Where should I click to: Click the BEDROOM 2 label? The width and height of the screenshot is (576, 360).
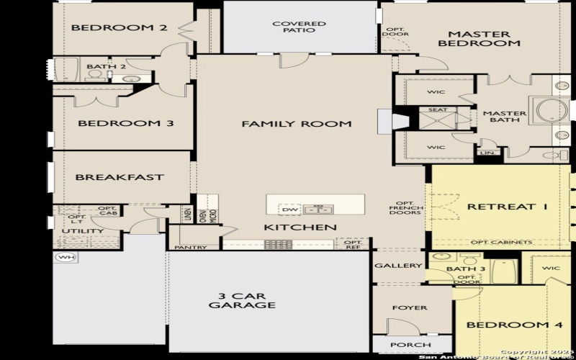click(120, 28)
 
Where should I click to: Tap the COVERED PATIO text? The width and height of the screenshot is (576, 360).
click(299, 28)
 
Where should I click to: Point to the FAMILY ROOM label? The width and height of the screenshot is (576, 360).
click(297, 124)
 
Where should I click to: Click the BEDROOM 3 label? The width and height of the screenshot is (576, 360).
click(125, 123)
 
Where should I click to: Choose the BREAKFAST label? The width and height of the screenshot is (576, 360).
click(120, 177)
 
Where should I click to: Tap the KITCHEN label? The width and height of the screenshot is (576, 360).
click(300, 228)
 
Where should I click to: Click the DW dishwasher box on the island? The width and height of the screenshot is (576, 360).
click(290, 210)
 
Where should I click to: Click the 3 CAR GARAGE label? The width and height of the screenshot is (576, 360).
click(242, 300)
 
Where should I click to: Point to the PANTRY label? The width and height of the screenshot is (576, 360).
click(190, 248)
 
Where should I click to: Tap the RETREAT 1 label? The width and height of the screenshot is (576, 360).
click(508, 207)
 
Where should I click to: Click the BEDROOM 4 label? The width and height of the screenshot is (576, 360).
click(514, 325)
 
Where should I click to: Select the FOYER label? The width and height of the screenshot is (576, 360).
click(409, 307)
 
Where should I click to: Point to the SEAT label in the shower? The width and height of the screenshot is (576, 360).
click(438, 110)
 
